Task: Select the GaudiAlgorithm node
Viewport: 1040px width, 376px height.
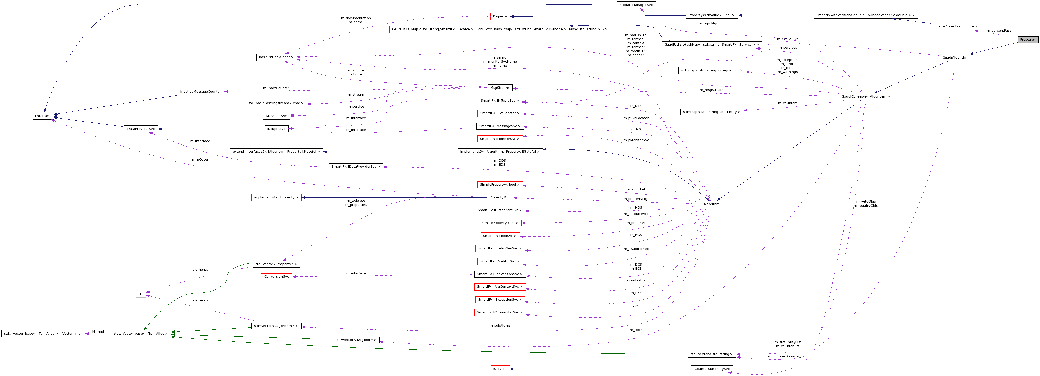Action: (x=955, y=57)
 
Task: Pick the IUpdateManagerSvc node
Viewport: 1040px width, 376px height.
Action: (x=636, y=5)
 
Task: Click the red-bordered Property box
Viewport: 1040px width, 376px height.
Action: (x=500, y=17)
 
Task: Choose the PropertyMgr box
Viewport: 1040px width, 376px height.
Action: (x=500, y=197)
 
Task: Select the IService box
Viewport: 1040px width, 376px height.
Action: (x=500, y=369)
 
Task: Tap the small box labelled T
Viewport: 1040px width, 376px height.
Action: (x=140, y=294)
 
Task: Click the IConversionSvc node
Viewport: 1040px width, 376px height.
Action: (x=276, y=277)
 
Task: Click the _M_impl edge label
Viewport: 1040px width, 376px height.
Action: (x=98, y=332)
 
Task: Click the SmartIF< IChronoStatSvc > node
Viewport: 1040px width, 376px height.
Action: (x=500, y=312)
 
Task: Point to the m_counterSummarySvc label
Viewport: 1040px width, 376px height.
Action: (x=787, y=356)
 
